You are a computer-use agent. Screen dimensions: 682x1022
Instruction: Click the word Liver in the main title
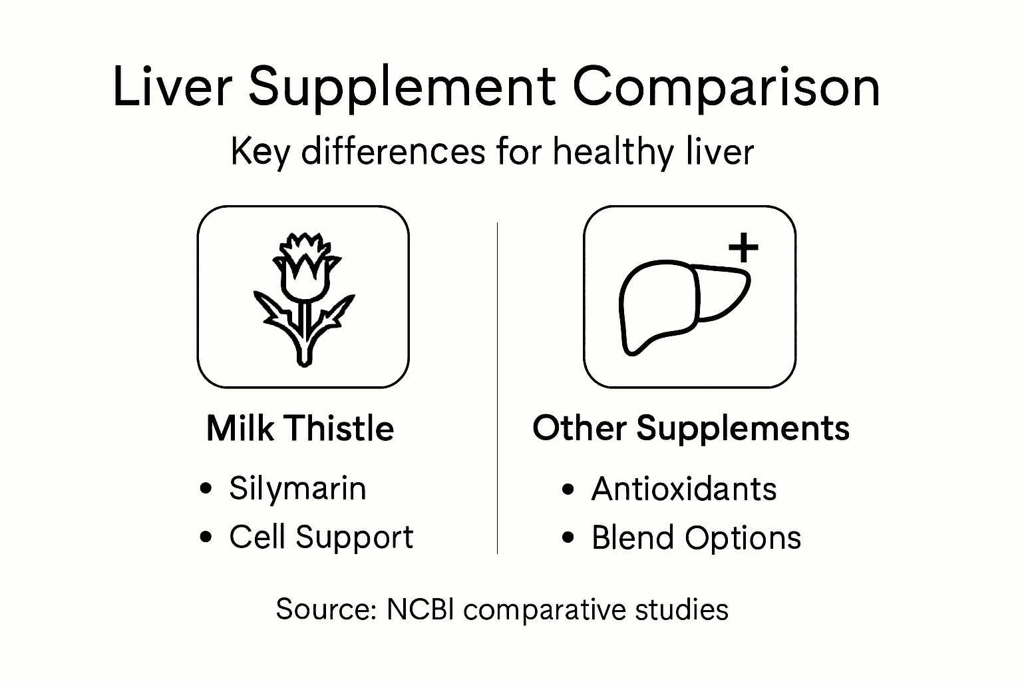click(172, 87)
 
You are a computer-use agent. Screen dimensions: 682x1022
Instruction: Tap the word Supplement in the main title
click(402, 88)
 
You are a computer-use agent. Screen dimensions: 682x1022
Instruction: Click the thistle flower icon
click(303, 298)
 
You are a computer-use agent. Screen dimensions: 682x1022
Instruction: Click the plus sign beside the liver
click(743, 248)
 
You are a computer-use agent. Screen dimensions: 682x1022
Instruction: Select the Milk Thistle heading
click(300, 428)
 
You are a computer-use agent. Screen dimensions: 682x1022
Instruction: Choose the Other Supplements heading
click(691, 428)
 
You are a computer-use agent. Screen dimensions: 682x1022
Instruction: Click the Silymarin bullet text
click(297, 488)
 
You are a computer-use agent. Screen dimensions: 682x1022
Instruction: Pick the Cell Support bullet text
click(321, 537)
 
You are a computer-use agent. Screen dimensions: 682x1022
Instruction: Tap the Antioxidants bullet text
click(683, 489)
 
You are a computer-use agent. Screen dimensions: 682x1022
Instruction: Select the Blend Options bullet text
click(696, 538)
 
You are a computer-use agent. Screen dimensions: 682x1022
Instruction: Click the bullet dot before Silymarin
click(206, 489)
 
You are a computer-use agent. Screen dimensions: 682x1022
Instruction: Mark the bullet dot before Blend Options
click(568, 538)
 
